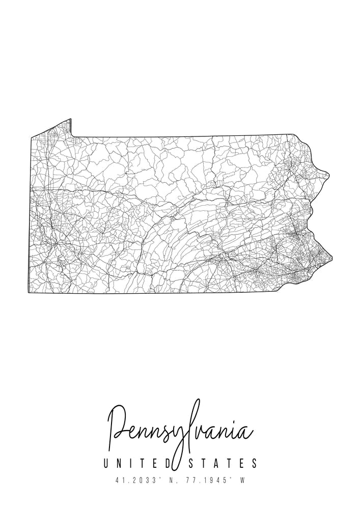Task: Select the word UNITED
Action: (137, 463)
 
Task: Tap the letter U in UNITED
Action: (106, 463)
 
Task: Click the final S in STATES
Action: (254, 463)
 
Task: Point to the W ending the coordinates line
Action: (243, 479)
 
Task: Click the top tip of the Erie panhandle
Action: (70, 120)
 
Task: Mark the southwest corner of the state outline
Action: (29, 292)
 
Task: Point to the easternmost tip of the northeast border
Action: (329, 176)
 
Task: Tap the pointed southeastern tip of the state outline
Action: (332, 258)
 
